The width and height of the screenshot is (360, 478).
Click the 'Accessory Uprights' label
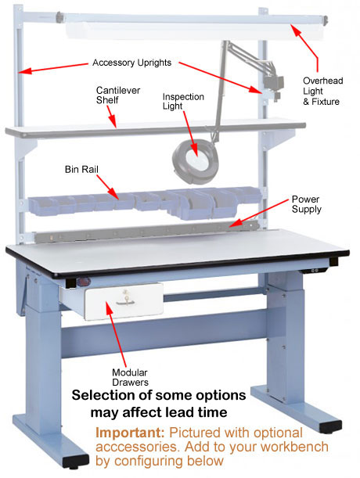tap(131, 63)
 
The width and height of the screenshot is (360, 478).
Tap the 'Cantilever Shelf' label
tap(117, 95)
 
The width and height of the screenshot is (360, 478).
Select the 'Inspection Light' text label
tap(183, 101)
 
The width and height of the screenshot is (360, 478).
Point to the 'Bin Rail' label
tap(81, 169)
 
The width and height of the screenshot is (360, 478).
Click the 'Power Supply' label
tap(306, 204)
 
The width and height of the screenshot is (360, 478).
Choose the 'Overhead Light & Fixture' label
tap(322, 91)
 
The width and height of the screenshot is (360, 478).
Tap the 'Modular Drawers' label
tap(130, 377)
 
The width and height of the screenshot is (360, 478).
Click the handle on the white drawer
tap(125, 302)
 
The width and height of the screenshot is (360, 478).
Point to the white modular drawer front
tap(124, 302)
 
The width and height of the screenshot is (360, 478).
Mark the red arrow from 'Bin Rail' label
tap(108, 187)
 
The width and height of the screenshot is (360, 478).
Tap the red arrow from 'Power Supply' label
tap(259, 214)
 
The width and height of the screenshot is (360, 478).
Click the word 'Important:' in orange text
tap(130, 433)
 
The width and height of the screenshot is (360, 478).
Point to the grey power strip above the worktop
tap(146, 232)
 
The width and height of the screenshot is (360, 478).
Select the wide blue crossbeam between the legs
tap(165, 334)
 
